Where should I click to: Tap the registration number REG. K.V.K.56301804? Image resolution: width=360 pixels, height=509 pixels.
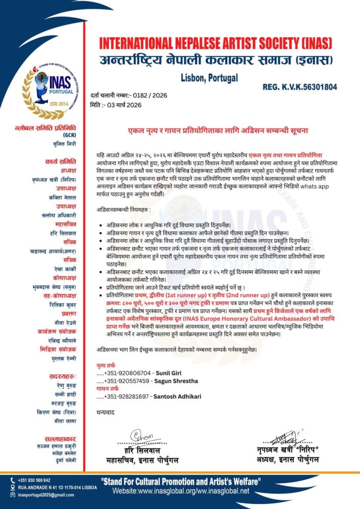point(299,87)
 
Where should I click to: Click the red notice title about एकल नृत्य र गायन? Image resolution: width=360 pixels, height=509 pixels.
point(218,130)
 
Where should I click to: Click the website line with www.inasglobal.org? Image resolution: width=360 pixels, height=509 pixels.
point(180,491)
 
